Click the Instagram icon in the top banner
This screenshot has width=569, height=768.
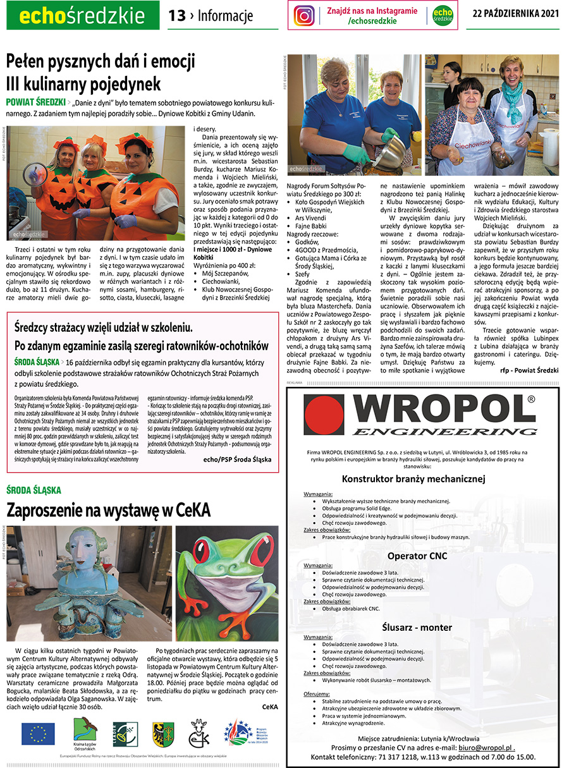[x=304, y=15]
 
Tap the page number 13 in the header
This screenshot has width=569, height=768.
[x=176, y=15]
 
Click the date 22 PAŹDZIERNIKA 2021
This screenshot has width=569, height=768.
[x=517, y=15]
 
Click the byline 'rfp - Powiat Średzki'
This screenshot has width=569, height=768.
[x=529, y=370]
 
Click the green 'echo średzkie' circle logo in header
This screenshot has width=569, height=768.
[x=443, y=15]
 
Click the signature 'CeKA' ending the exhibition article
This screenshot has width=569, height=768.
[x=270, y=706]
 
